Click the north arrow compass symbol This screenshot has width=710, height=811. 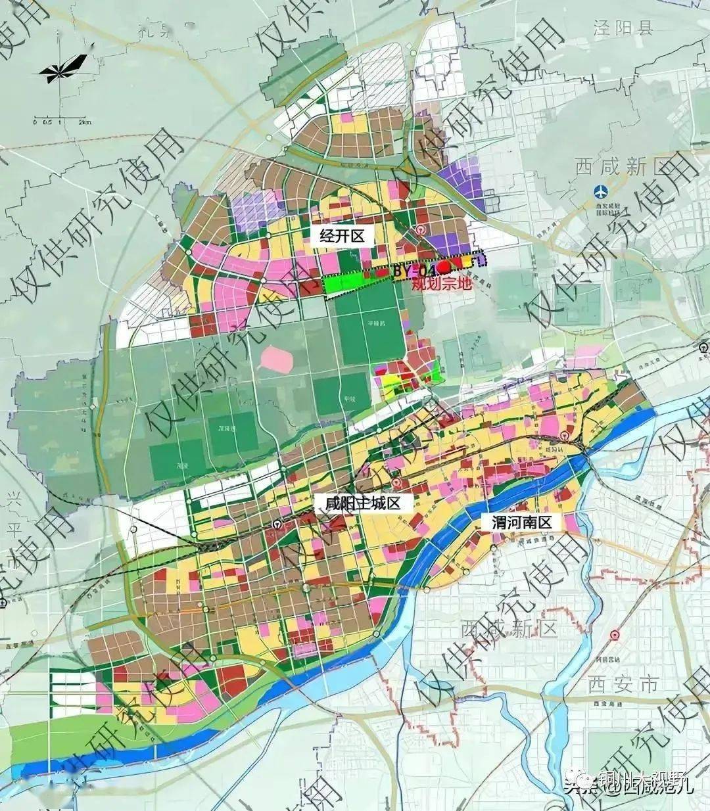[64, 67]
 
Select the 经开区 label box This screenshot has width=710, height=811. [341, 235]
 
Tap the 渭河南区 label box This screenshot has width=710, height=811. [524, 522]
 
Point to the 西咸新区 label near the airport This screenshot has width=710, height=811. [611, 166]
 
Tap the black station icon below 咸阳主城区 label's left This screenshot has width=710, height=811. [278, 524]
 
